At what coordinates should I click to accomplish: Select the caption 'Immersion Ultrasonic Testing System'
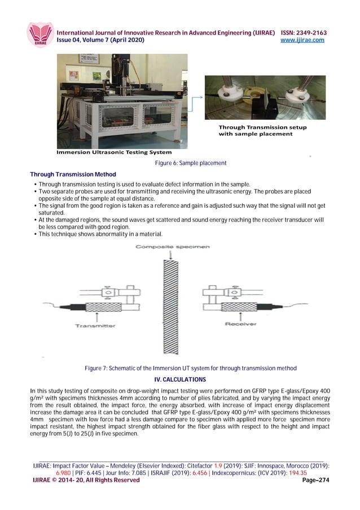click(113, 152)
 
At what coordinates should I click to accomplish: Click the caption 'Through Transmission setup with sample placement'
click(262, 130)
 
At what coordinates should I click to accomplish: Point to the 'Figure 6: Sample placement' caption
click(191, 163)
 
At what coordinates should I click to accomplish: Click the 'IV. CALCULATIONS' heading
click(180, 378)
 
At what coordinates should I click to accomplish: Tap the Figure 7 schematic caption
click(190, 368)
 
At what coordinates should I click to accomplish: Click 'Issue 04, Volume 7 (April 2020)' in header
click(100, 40)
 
